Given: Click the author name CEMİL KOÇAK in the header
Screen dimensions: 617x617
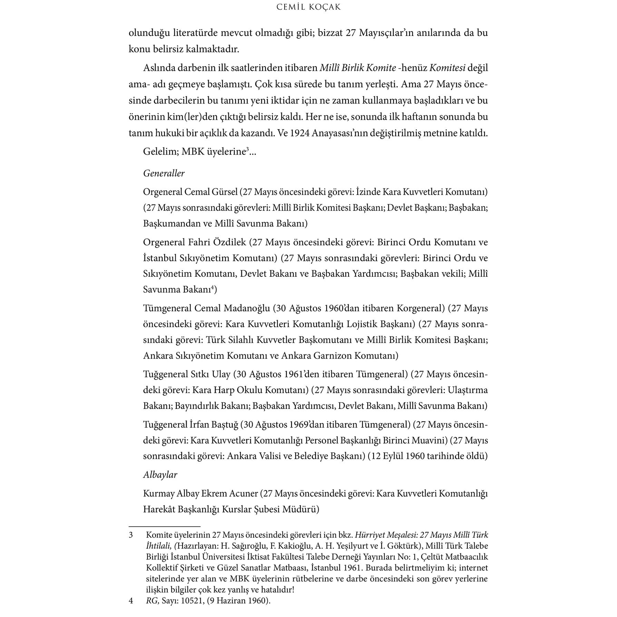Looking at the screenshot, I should [308, 7].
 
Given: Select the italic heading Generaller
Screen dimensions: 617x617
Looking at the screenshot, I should [164, 173].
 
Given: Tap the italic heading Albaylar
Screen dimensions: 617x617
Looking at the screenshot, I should [160, 475].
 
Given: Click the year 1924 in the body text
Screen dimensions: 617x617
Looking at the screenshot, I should [300, 133].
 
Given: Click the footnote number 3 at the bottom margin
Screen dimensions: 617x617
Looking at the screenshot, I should [131, 535].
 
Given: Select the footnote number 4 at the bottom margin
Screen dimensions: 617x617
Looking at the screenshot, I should [131, 601].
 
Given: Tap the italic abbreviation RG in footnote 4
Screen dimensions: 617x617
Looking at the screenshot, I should [152, 601].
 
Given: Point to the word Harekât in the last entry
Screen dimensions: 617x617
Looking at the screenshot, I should [159, 510].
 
